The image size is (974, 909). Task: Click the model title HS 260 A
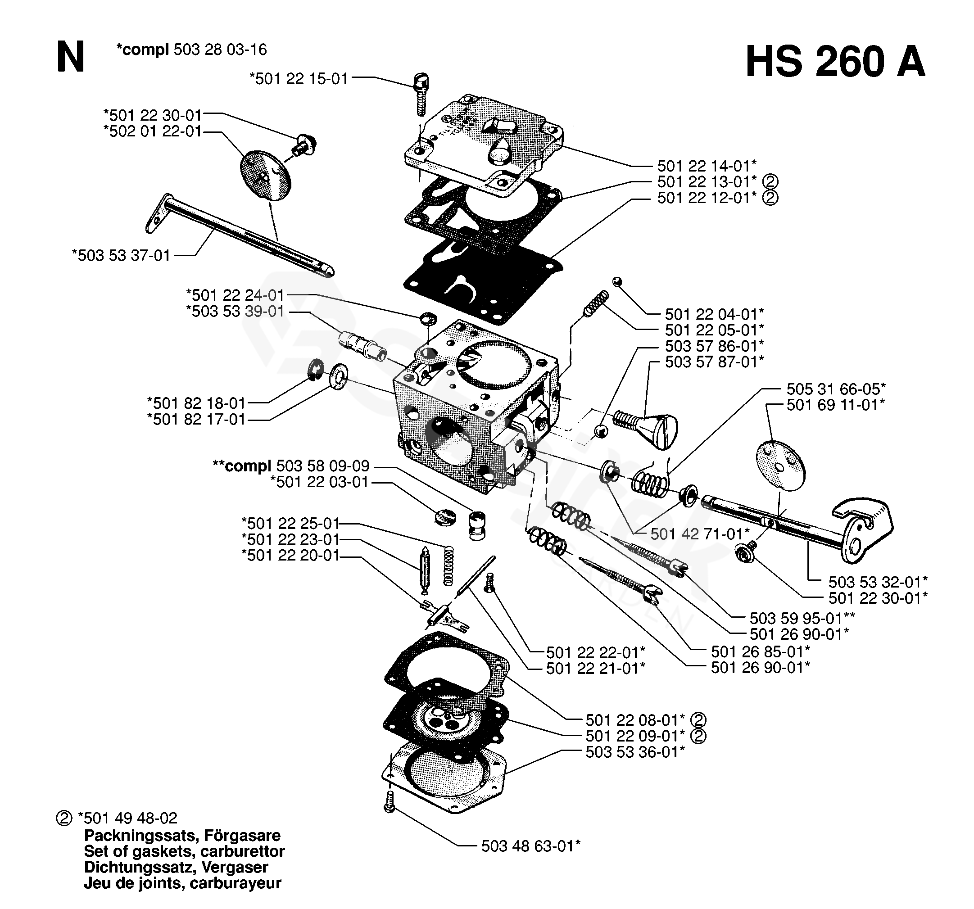point(835,62)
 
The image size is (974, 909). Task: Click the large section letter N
point(71,57)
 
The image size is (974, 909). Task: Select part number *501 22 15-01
point(299,78)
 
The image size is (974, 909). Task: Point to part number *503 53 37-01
point(121,255)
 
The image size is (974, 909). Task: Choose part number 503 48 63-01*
point(530,846)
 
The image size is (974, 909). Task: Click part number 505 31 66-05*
point(836,389)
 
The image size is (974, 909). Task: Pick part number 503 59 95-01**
point(802,618)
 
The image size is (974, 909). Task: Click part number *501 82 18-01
point(196,403)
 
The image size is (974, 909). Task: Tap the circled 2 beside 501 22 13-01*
point(770,182)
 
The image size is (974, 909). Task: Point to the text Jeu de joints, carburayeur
point(182,883)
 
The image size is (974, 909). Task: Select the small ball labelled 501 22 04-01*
point(617,281)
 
